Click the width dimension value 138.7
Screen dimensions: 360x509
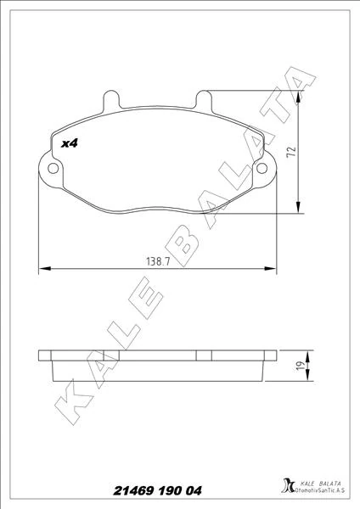tap(158, 261)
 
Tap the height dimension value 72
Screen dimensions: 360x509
tap(292, 152)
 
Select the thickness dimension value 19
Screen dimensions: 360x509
tap(301, 366)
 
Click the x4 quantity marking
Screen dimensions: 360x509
tap(70, 143)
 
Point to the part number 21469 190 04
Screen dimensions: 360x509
tap(157, 490)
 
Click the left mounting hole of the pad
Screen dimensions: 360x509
tap(53, 168)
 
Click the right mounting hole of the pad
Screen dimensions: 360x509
tap(262, 168)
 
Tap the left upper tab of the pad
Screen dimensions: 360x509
tap(110, 100)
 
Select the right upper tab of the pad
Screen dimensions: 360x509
tap(204, 100)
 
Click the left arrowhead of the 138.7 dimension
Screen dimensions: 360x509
tap(45, 268)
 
